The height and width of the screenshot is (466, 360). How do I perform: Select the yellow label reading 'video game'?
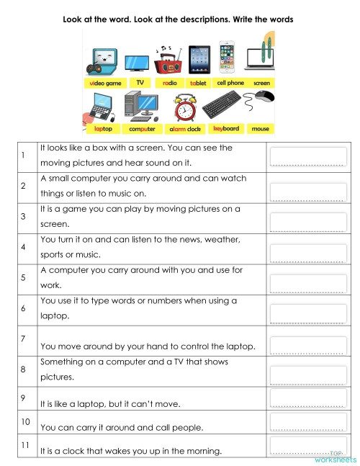point(106,83)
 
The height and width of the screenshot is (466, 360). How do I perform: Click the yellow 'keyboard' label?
point(225,129)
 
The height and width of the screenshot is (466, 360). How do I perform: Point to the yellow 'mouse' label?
point(261,130)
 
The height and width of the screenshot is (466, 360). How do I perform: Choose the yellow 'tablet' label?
point(198,83)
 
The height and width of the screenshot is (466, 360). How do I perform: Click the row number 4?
point(24,247)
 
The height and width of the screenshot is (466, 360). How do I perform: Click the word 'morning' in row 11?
point(202,452)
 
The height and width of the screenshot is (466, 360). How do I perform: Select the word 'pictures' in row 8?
point(57,377)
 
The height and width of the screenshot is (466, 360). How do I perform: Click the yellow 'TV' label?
point(140,83)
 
